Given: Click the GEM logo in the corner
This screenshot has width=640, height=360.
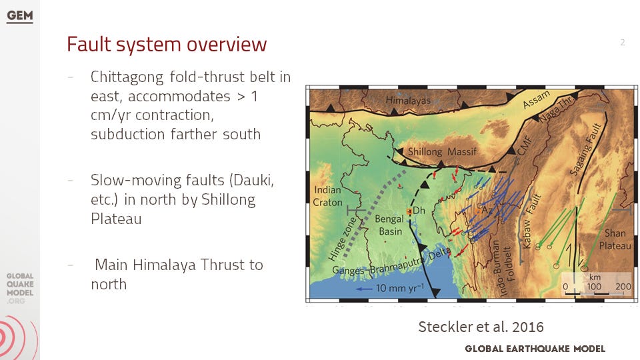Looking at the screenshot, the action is (19, 16).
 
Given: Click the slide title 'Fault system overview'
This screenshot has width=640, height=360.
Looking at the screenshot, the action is (167, 45).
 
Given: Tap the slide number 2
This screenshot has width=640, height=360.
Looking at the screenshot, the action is (623, 42).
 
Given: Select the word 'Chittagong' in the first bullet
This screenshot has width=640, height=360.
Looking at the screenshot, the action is (127, 77).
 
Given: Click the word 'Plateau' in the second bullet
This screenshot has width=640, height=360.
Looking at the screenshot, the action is (116, 219).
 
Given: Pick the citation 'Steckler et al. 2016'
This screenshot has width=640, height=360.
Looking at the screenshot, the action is (481, 327).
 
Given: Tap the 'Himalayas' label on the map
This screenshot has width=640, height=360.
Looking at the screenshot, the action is (408, 100).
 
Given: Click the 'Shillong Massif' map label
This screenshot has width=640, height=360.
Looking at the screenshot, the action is (442, 152).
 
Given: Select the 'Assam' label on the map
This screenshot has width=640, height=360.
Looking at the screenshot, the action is (536, 100).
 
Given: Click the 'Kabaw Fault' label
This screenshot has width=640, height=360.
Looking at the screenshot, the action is (531, 221).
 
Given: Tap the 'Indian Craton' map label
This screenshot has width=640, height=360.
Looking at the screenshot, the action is (328, 196).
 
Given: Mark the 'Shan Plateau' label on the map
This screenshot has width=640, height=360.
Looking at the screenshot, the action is (615, 239).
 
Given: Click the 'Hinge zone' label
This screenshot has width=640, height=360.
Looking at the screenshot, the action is (341, 239).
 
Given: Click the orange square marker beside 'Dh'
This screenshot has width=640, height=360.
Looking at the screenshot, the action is (409, 211).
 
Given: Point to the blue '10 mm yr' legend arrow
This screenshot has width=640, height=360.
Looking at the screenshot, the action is (364, 289).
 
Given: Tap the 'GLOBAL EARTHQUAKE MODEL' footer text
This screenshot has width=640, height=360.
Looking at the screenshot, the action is (535, 349).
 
